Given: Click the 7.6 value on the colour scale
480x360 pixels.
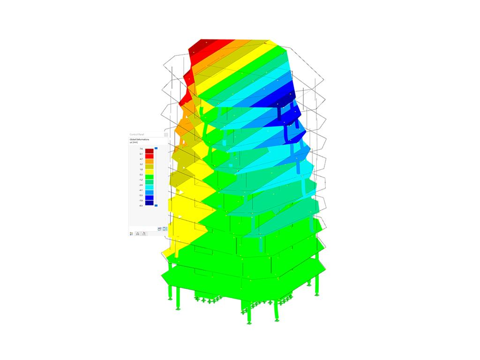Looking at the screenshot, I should coord(141,149).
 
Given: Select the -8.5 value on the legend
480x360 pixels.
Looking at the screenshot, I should coord(141,205).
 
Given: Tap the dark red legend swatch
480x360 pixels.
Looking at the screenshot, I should coord(149,151).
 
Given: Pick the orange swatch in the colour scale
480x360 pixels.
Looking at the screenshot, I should coord(149,161).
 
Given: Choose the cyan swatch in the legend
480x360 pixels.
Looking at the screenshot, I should coord(149,187).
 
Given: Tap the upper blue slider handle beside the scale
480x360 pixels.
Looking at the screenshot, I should coord(156,148).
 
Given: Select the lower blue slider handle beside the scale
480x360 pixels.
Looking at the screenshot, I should coord(156,205).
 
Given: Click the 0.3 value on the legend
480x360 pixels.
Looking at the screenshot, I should coord(141,174).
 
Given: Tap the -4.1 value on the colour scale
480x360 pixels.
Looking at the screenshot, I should coord(141,190).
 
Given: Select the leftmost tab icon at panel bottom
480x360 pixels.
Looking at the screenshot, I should coord(131,233).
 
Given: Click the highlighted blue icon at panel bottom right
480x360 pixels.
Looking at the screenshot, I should coord(165,229).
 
